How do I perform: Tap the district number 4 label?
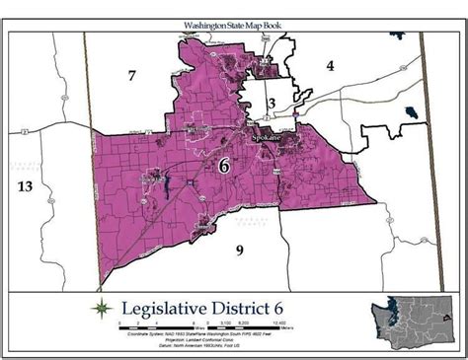(332, 66)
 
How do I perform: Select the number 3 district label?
(270, 105)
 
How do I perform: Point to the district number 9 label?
(239, 250)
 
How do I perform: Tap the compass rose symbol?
(102, 309)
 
